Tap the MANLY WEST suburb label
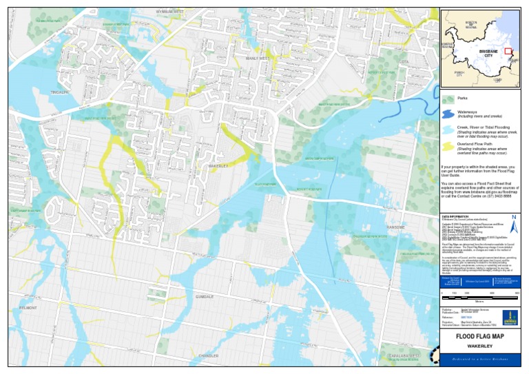[x=257, y=59]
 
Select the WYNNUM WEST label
[x=169, y=12]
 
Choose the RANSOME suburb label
[x=395, y=227]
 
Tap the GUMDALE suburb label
[x=205, y=296]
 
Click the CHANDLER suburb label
[x=208, y=355]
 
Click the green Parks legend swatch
[x=448, y=101]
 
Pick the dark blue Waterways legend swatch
[x=448, y=114]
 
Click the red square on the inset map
[x=509, y=51]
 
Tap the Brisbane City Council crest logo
[x=510, y=318]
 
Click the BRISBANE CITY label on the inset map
[x=481, y=53]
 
